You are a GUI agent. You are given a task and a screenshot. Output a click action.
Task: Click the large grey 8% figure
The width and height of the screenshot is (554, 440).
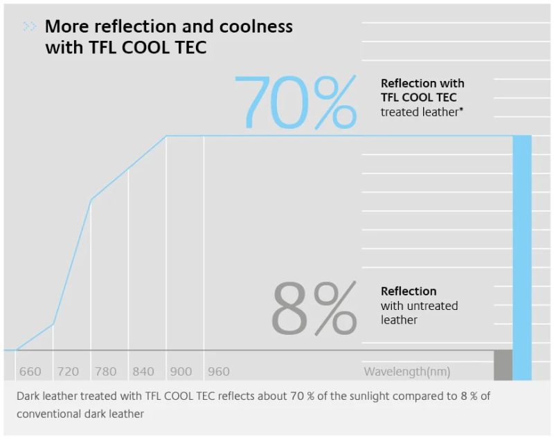[313, 309]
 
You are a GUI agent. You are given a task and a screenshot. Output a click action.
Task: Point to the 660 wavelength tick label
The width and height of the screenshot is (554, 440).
[30, 372]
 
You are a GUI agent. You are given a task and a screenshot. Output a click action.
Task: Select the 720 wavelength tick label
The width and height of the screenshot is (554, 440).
[68, 372]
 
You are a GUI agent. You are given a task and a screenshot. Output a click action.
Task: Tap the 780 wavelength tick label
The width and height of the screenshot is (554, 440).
[105, 372]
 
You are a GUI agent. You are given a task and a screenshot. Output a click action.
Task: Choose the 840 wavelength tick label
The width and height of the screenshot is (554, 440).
[143, 372]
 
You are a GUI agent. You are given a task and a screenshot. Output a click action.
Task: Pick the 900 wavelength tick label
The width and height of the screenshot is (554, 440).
[181, 372]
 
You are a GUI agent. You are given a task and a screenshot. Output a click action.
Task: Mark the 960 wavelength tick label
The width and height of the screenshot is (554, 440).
[218, 372]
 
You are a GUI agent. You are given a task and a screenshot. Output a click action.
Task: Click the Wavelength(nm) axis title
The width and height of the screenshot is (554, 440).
[406, 372]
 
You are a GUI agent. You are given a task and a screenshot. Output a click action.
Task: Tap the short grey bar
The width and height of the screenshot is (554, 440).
[503, 365]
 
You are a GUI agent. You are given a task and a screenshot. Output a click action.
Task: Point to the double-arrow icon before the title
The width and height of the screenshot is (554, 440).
[30, 27]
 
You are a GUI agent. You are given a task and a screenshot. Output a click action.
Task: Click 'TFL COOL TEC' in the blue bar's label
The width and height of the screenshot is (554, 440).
[418, 98]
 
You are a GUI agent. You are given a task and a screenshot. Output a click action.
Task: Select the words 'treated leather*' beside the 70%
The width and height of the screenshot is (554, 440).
[422, 111]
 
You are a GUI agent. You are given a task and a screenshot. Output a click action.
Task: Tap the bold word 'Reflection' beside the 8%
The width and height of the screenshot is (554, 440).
[409, 291]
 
